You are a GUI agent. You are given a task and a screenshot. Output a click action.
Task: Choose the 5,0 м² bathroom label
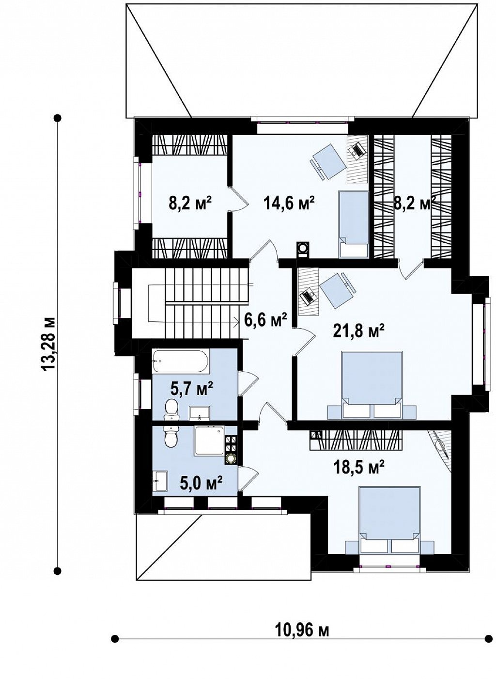coord(201,482)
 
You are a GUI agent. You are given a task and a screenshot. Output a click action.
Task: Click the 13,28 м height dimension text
coord(48,344)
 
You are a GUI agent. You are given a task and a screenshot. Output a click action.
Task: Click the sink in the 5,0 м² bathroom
coord(160,480)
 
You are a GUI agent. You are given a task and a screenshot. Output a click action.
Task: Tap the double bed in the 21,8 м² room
coord(372,385)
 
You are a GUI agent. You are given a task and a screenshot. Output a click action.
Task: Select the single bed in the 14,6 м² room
coord(353,224)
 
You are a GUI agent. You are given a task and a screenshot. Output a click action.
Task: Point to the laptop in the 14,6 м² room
coord(357,149)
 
